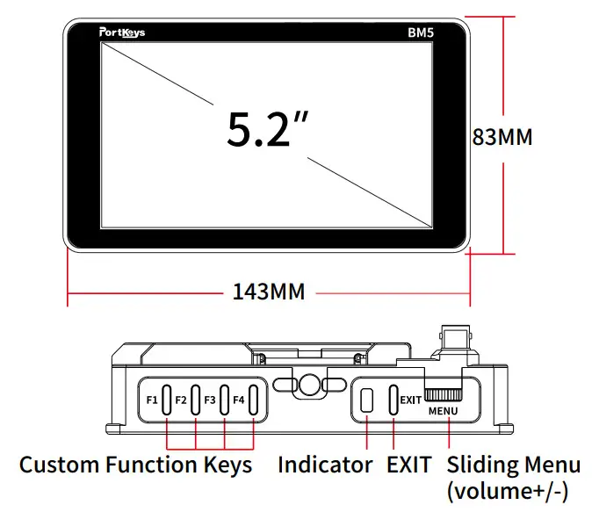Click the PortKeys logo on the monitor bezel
(122, 32)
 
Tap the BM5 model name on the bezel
(424, 33)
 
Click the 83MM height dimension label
(502, 138)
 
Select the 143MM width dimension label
(269, 292)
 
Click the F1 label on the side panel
(152, 400)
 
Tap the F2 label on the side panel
(181, 400)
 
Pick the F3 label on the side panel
(210, 400)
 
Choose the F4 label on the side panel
(238, 400)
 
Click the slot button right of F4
(254, 400)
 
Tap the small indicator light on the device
(367, 400)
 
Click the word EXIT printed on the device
(410, 400)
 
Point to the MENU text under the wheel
(444, 411)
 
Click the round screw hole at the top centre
(309, 384)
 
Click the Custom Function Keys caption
(135, 465)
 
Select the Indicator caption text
(325, 465)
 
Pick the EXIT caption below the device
(409, 465)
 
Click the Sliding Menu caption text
(513, 465)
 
